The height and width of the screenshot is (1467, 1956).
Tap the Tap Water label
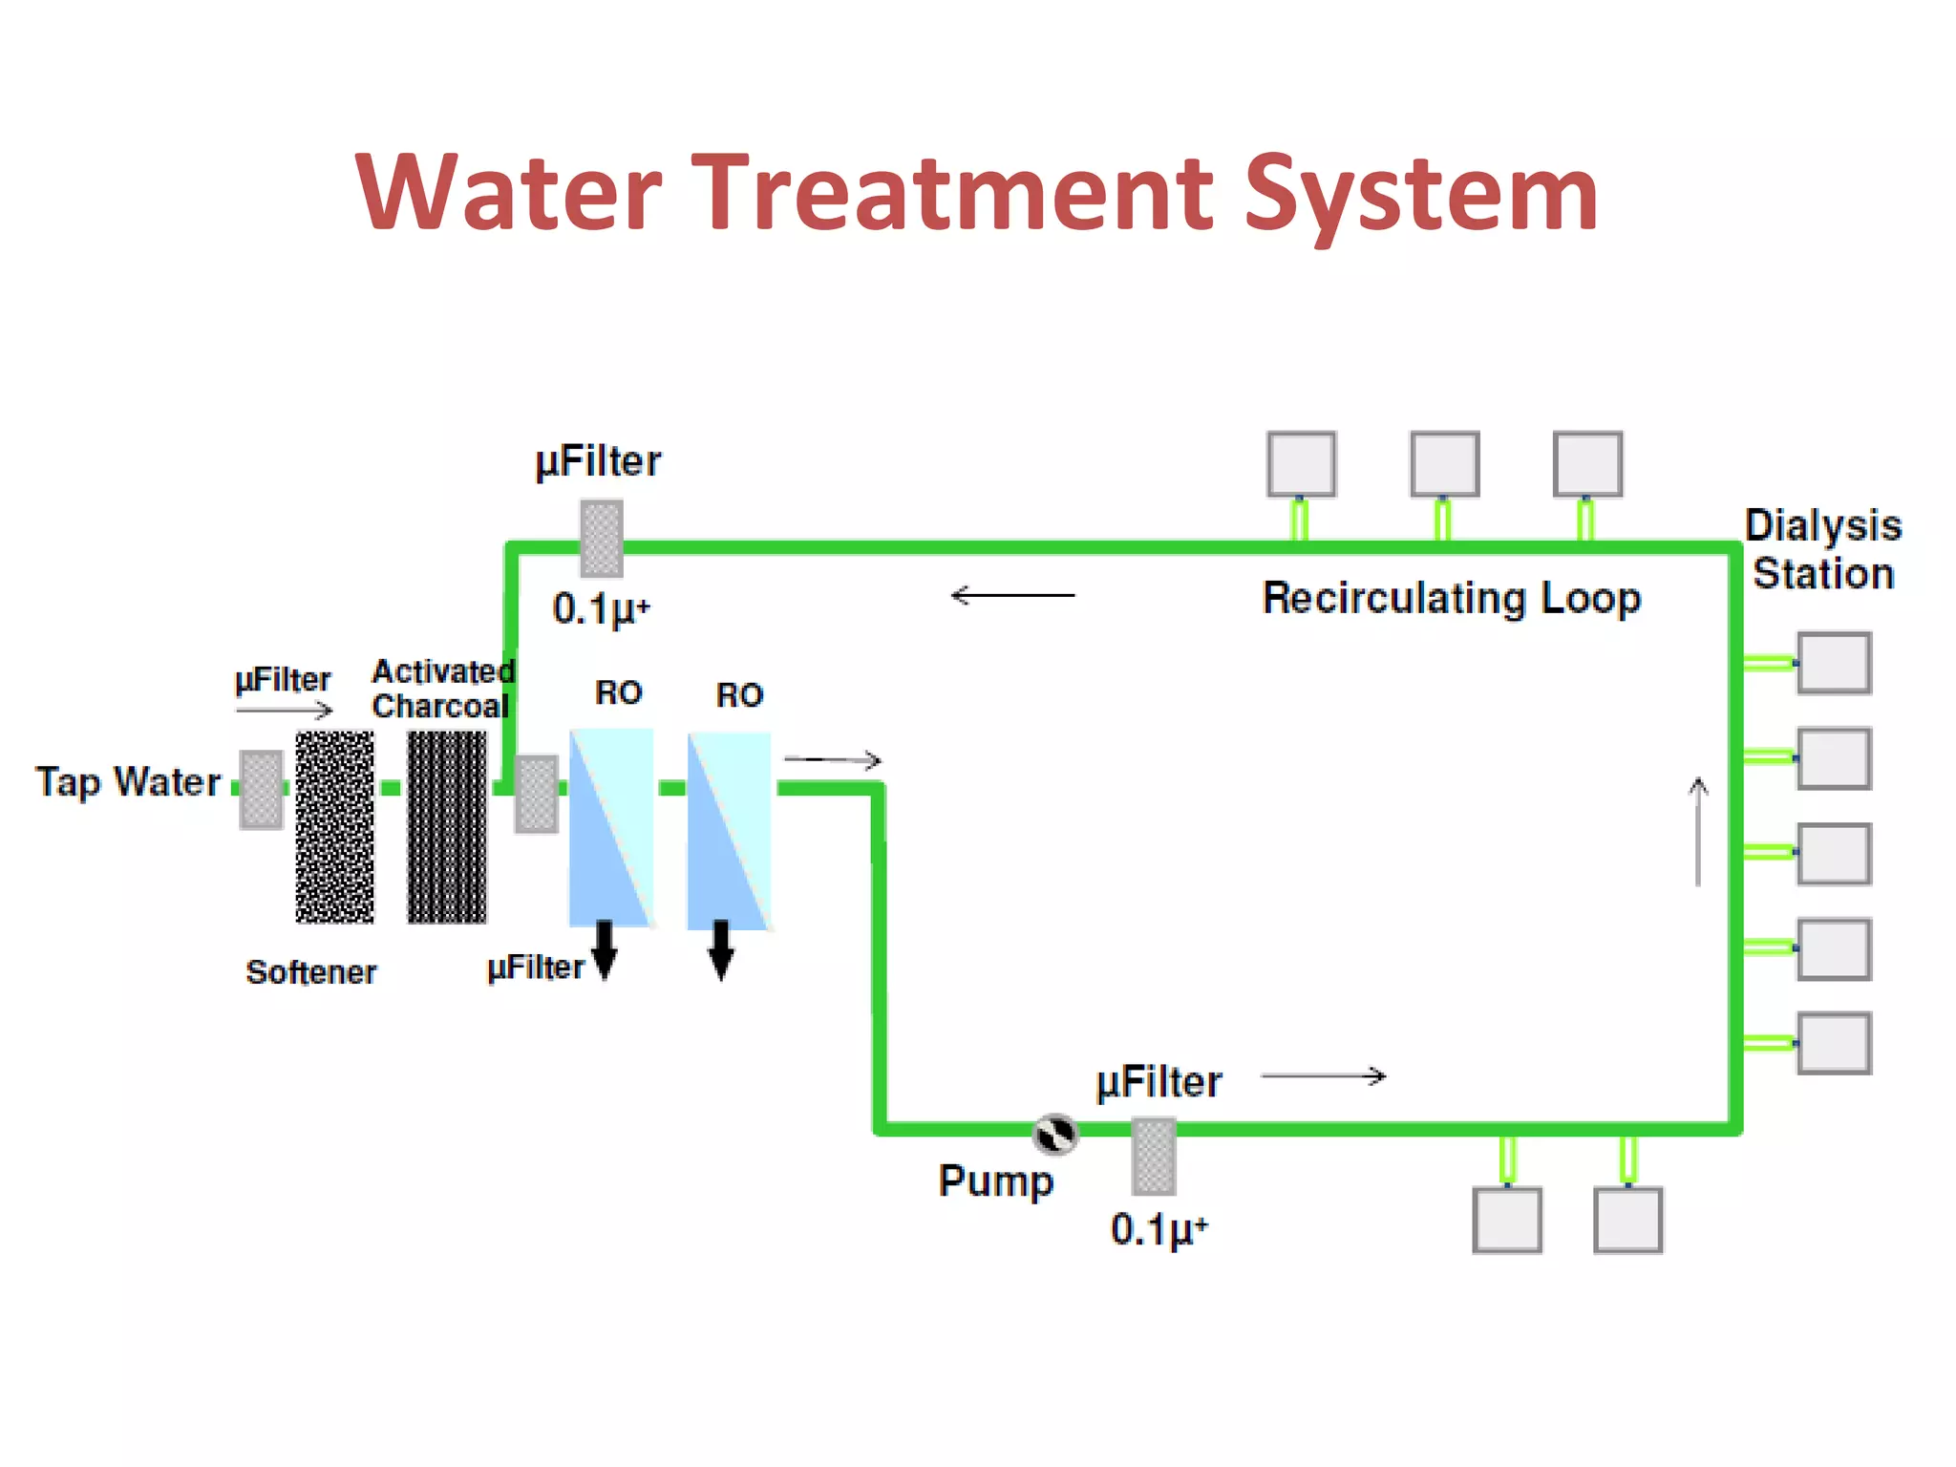point(128,782)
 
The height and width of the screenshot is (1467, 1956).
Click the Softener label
point(310,972)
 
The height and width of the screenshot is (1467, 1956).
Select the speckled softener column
point(334,827)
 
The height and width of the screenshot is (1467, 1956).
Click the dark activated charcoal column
point(447,827)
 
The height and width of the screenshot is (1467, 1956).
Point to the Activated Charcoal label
point(442,689)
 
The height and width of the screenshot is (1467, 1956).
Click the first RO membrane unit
point(611,827)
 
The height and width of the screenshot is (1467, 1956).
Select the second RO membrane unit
point(729,829)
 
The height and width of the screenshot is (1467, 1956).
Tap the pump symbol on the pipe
point(1055,1134)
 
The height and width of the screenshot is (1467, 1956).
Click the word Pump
point(995,1181)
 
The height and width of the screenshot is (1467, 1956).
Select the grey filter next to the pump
point(1153,1157)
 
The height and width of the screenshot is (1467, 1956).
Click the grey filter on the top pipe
point(602,539)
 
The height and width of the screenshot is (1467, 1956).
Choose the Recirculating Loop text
point(1451,599)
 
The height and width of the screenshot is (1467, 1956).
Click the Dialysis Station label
point(1822,549)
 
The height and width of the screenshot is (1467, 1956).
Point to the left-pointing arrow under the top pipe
point(1012,595)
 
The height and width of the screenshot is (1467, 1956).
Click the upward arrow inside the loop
point(1697,831)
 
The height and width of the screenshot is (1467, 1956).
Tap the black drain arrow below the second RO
point(722,949)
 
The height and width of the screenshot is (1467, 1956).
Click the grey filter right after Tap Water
point(261,790)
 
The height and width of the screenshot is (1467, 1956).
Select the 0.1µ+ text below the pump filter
point(1159,1229)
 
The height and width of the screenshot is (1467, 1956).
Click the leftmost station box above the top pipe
point(1301,464)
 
